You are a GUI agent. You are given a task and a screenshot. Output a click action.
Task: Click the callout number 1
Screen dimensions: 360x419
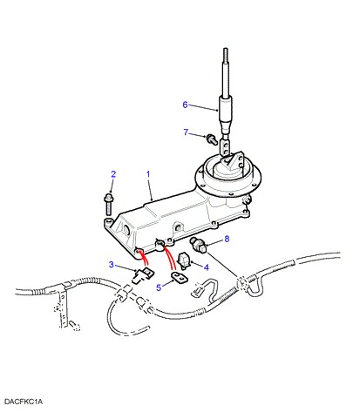(148, 174)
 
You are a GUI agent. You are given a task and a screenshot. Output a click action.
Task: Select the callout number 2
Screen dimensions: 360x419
(113, 174)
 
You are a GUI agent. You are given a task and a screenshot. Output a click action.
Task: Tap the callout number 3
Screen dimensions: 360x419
(112, 265)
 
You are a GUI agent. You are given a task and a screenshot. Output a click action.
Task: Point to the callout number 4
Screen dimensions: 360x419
(207, 267)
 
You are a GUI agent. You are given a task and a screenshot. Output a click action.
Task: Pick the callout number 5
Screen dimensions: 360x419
(159, 287)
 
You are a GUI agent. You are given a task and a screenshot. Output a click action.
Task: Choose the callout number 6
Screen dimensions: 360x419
(185, 105)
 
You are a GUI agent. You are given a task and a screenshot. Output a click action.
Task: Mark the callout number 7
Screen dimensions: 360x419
(186, 132)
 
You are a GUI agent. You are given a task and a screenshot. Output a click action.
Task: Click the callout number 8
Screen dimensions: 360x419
(227, 239)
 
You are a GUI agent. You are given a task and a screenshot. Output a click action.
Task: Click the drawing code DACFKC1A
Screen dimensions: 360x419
(24, 402)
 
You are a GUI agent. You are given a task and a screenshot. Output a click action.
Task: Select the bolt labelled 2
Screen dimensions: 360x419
(109, 204)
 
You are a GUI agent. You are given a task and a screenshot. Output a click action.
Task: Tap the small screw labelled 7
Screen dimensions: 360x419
(212, 139)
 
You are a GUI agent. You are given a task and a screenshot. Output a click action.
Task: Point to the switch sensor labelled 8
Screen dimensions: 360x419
(198, 246)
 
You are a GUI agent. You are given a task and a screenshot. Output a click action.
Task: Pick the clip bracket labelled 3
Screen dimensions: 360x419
(143, 275)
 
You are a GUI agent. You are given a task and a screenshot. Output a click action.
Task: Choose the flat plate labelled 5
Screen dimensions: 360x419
(180, 278)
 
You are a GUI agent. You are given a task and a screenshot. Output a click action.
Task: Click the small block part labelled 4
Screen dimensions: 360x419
(183, 260)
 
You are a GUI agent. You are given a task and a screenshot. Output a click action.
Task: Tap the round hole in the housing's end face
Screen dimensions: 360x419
(127, 230)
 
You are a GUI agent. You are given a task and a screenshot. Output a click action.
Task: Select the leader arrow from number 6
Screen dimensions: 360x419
(204, 107)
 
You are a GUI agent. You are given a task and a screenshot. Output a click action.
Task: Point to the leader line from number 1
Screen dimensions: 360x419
(150, 190)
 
